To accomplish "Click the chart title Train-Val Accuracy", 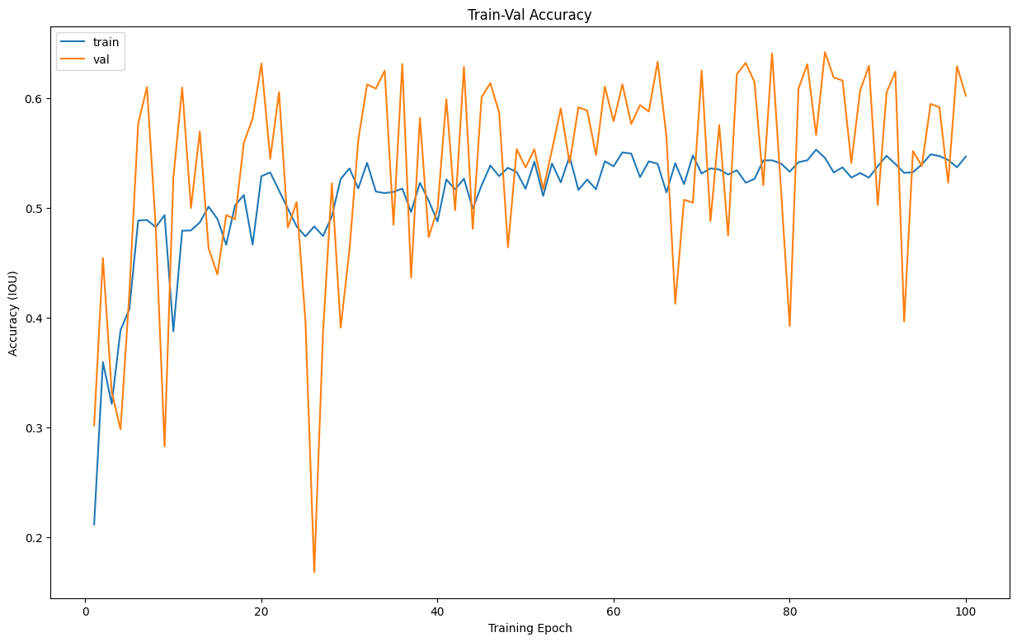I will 530,15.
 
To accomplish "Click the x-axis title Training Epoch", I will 530,628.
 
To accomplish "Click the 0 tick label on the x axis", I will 85,611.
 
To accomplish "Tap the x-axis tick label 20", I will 261,611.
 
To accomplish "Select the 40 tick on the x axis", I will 437,611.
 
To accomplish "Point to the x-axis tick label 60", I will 614,611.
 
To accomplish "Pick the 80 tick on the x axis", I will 789,611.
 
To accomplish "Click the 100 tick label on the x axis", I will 966,611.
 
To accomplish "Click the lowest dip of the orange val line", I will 314,572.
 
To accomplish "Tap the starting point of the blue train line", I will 94,524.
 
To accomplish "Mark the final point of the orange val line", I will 966,96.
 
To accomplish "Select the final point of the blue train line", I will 966,157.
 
